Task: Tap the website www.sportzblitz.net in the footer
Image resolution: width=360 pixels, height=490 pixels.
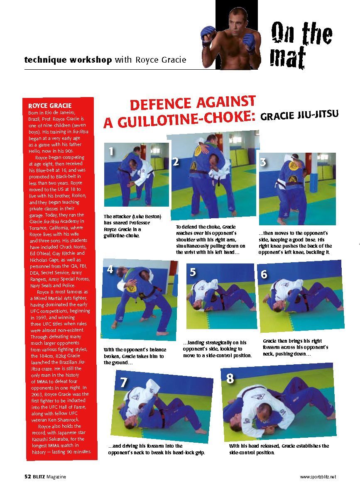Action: (x=318, y=477)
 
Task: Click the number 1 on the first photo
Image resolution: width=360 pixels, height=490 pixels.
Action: (x=111, y=151)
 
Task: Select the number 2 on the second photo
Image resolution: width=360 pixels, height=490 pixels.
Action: (x=176, y=161)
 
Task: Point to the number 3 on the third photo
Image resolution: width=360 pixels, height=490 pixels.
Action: (x=263, y=162)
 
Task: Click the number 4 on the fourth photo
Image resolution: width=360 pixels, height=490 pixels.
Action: (x=110, y=269)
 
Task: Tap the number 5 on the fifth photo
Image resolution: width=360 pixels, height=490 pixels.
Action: (x=193, y=272)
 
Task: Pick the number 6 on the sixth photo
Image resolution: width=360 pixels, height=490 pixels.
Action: (x=264, y=274)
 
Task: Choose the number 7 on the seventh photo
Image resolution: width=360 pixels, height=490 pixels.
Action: (x=123, y=382)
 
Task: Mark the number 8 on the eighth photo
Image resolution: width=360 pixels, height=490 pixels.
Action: (x=230, y=378)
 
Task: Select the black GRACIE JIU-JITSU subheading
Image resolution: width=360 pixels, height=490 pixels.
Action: (x=299, y=115)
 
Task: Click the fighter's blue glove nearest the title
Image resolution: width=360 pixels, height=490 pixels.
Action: (x=250, y=40)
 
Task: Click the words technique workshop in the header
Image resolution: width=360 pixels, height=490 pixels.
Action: (x=68, y=60)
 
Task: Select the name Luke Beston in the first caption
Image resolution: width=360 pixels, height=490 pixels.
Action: (x=147, y=217)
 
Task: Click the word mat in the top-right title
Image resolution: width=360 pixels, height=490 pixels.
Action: (x=288, y=57)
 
